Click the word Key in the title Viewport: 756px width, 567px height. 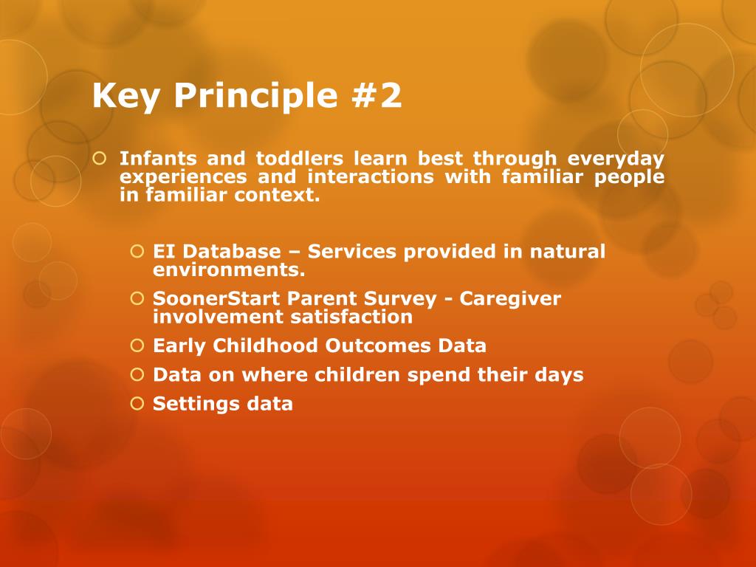click(x=126, y=96)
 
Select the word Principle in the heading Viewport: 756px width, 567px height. click(x=255, y=96)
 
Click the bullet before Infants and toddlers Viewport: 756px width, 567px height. click(x=99, y=158)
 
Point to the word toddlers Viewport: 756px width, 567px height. click(x=300, y=158)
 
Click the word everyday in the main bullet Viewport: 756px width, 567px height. click(x=616, y=159)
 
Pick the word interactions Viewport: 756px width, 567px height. click(x=371, y=176)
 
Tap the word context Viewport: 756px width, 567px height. click(x=278, y=195)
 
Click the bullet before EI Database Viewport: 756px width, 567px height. click(x=137, y=251)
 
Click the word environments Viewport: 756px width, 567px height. click(x=229, y=269)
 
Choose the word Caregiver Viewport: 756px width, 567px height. click(x=510, y=299)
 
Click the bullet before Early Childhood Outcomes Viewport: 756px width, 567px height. click(x=137, y=346)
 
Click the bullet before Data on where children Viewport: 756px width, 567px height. click(x=137, y=374)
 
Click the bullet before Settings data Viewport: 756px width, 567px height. click(x=137, y=403)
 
